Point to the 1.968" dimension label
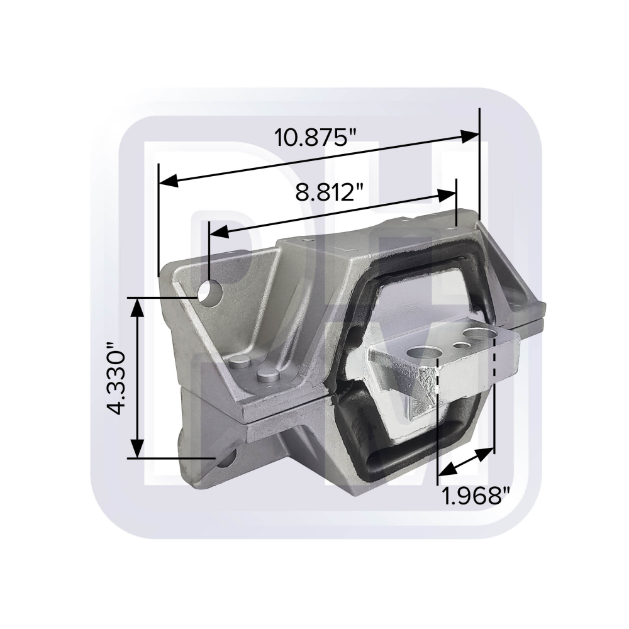click(x=475, y=496)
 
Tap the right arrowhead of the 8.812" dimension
click(x=447, y=196)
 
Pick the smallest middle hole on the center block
click(x=462, y=345)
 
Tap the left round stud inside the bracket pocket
click(x=240, y=361)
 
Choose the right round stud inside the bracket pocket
click(x=267, y=376)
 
